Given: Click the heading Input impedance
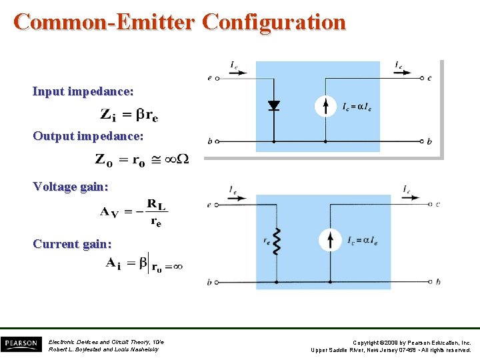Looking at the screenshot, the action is pyautogui.click(x=83, y=91).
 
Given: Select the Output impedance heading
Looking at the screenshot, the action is pyautogui.click(x=88, y=136).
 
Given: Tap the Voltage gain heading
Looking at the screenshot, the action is pyautogui.click(x=71, y=187).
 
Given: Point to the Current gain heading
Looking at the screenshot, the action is pyautogui.click(x=73, y=244).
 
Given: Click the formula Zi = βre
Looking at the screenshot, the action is pyautogui.click(x=129, y=115).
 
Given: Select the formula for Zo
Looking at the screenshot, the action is pyautogui.click(x=141, y=160).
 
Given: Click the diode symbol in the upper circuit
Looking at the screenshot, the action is pyautogui.click(x=273, y=105).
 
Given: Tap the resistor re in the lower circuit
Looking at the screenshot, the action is pyautogui.click(x=275, y=240).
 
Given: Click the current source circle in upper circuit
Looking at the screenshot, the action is pyautogui.click(x=325, y=105).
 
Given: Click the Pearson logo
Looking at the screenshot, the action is pyautogui.click(x=21, y=344).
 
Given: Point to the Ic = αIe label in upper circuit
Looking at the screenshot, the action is pyautogui.click(x=357, y=107).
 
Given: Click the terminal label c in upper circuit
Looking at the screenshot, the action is pyautogui.click(x=429, y=78).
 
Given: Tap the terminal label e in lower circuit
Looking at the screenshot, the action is pyautogui.click(x=209, y=204).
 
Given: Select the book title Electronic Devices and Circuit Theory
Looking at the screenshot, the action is pyautogui.click(x=106, y=342).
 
